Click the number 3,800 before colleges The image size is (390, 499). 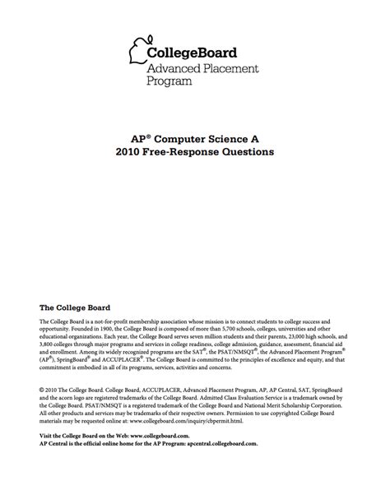[49, 346]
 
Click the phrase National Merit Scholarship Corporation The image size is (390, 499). [299, 404]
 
